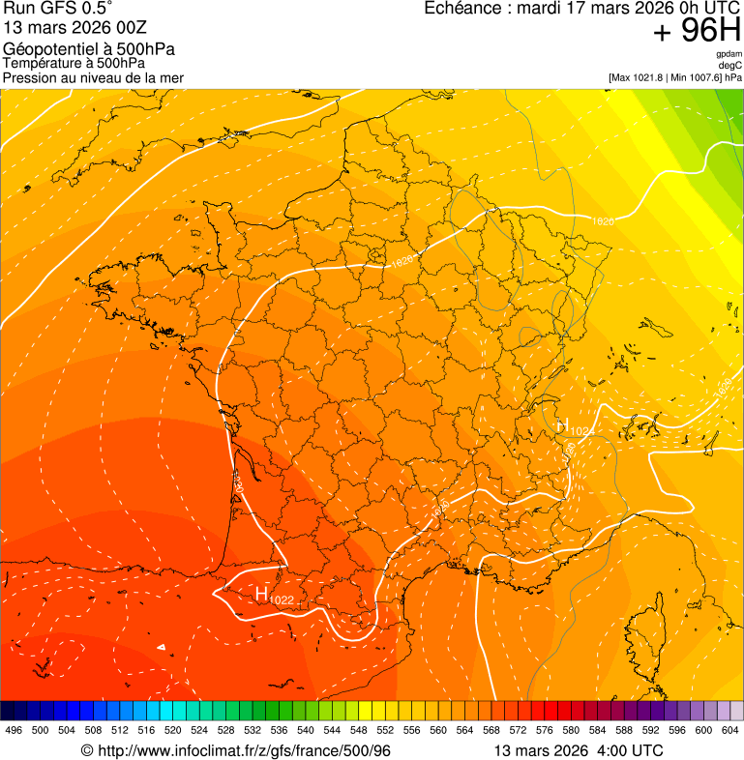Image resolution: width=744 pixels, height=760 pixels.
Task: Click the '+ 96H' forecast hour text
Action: (x=697, y=32)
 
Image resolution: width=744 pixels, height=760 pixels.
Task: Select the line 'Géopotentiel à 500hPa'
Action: (x=89, y=49)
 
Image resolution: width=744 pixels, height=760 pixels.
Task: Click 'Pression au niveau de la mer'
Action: (x=93, y=77)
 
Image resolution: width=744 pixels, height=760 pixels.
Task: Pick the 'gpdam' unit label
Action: (x=729, y=54)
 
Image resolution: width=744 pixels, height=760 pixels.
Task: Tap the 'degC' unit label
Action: (x=731, y=66)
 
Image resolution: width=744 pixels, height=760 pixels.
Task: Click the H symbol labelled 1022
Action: (x=261, y=594)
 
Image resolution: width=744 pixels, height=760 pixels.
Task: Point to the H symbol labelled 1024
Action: (x=562, y=424)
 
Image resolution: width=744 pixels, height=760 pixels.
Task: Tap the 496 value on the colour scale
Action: (x=14, y=730)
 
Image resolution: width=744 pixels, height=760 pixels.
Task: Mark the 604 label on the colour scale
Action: (x=730, y=730)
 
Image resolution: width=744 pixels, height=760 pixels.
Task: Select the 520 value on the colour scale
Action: (x=173, y=730)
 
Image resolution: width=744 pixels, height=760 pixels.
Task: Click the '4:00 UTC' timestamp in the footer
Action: (x=633, y=750)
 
